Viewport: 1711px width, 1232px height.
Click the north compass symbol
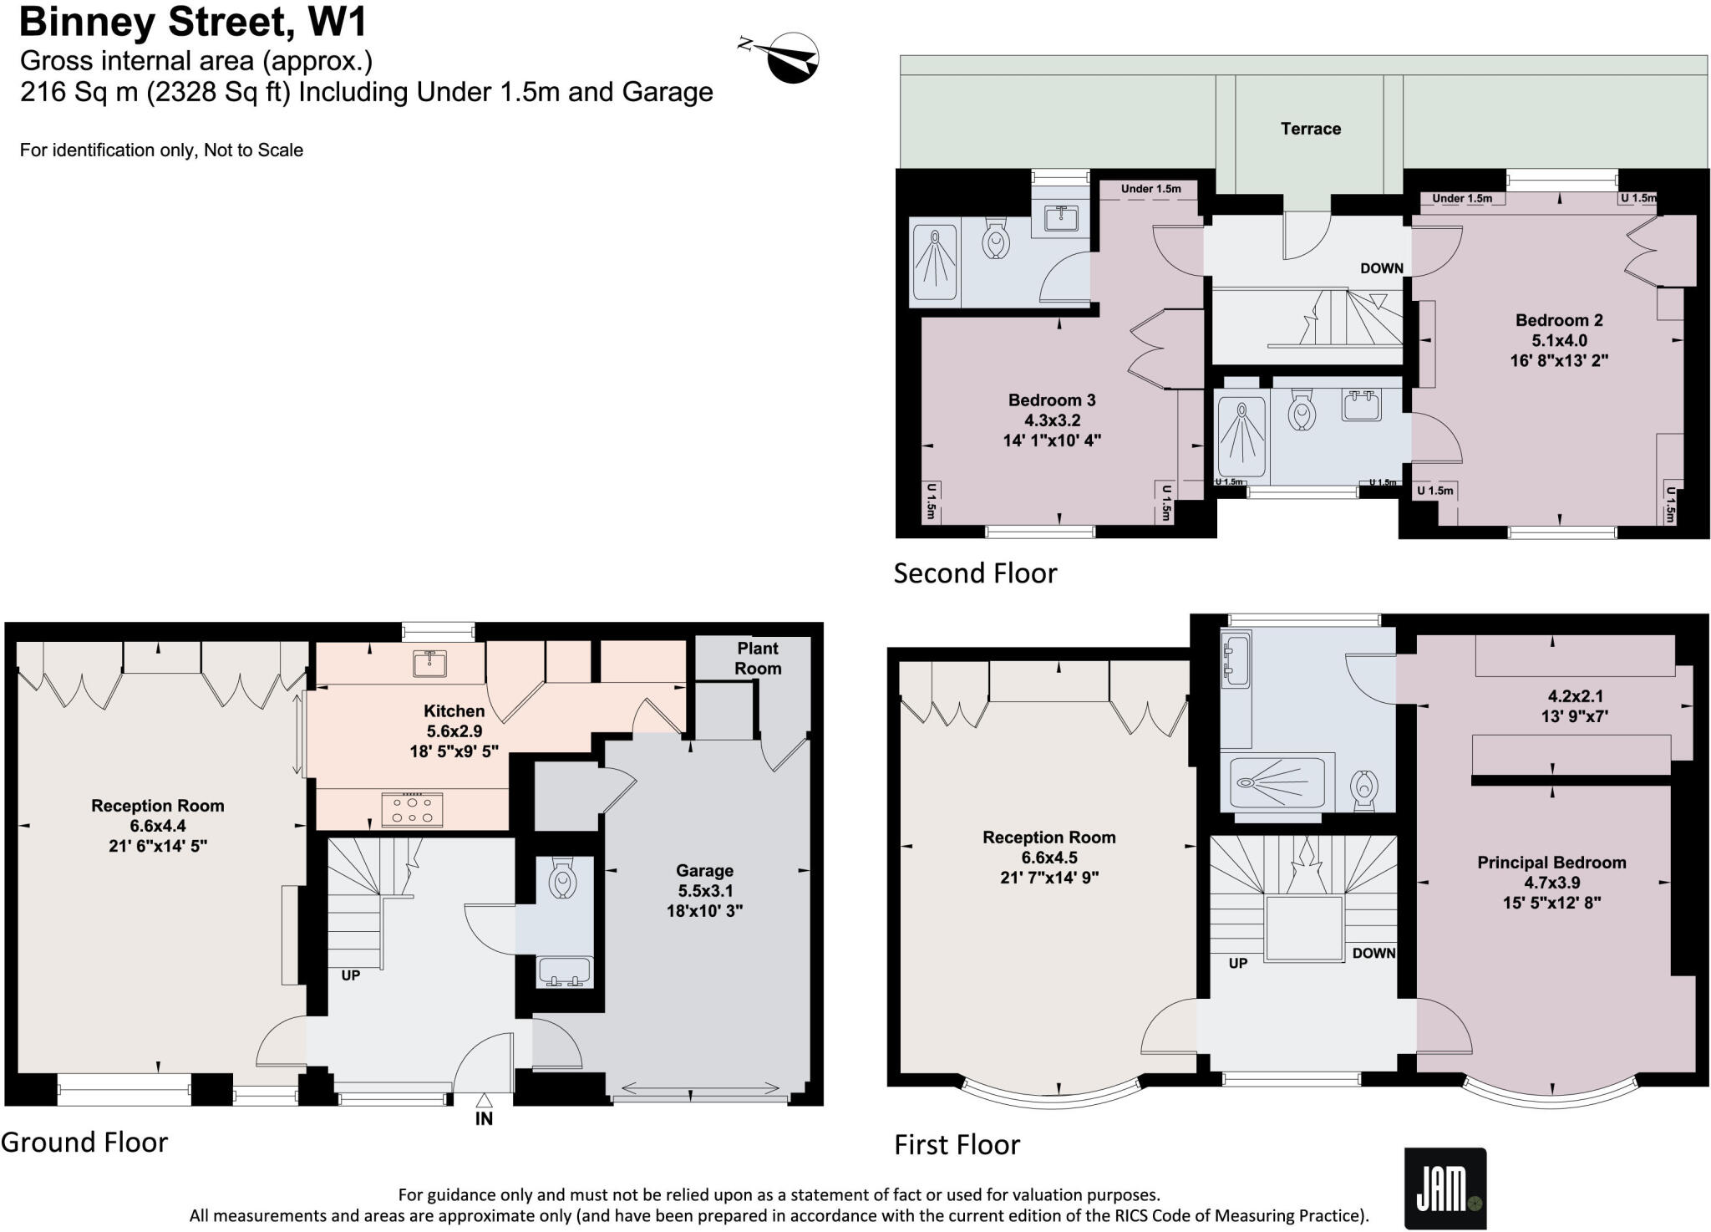(791, 58)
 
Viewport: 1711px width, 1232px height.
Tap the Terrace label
(1310, 129)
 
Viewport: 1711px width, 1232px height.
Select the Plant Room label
(758, 658)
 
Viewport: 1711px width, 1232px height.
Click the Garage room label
(704, 871)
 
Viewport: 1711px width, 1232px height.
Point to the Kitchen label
(454, 711)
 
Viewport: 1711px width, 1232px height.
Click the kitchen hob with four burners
(412, 809)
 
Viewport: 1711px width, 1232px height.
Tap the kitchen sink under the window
(429, 663)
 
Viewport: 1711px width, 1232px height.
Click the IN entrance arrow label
(484, 1117)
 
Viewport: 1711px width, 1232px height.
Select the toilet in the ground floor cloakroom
(564, 880)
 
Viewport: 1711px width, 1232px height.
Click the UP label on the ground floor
(351, 975)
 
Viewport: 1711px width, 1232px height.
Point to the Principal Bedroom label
(1551, 863)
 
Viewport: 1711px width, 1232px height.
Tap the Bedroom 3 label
(1052, 400)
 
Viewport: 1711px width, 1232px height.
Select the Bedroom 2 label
(1559, 320)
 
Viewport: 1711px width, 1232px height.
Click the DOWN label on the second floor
(1381, 268)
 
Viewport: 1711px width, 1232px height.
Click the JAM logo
(1444, 1189)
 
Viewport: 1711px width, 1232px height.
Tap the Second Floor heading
(975, 573)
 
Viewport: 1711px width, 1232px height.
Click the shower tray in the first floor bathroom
(1272, 783)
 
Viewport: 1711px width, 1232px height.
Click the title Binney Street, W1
(193, 23)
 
